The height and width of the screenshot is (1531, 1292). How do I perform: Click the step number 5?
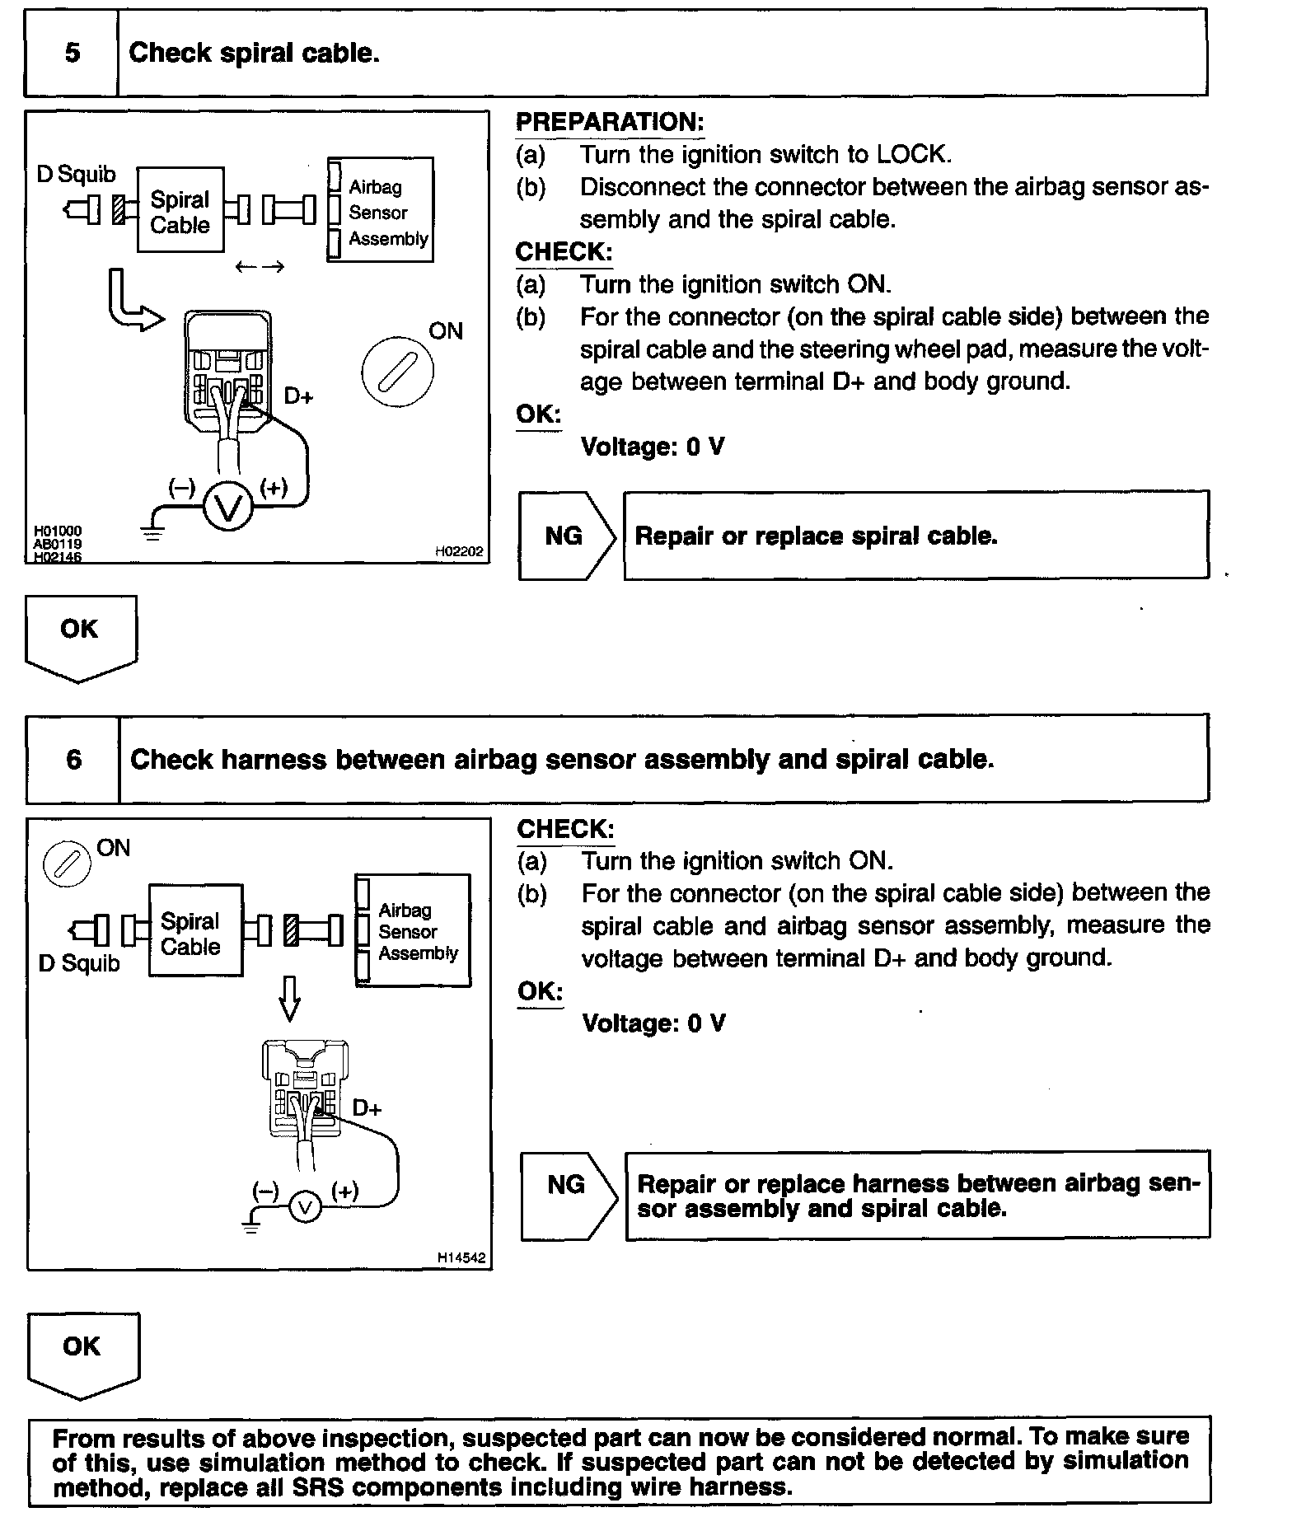(x=73, y=54)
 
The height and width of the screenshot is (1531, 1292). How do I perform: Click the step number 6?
(x=74, y=759)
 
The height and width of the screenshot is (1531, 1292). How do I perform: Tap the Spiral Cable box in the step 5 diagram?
(x=180, y=211)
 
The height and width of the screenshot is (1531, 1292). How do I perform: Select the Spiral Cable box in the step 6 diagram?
(x=195, y=931)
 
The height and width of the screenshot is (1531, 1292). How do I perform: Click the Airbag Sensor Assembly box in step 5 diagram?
(x=381, y=211)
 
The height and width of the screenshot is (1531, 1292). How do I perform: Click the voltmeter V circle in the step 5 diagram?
(x=227, y=507)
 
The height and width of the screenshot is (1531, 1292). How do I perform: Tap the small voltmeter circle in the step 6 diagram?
(x=305, y=1208)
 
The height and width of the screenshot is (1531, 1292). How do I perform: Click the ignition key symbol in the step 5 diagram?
(x=397, y=372)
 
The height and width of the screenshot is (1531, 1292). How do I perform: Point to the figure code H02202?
(x=459, y=551)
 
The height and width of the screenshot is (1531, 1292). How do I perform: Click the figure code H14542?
(x=461, y=1258)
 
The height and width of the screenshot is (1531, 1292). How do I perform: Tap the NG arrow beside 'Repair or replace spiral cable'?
(x=567, y=536)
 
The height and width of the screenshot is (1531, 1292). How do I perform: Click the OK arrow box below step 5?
(x=81, y=635)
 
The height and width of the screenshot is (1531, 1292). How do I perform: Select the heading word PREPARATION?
(x=610, y=122)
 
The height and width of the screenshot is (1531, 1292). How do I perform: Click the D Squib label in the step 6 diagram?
(x=79, y=963)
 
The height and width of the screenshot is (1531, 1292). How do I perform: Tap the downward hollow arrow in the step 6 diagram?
(x=289, y=999)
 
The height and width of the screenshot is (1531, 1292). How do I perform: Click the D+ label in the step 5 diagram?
(x=298, y=396)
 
